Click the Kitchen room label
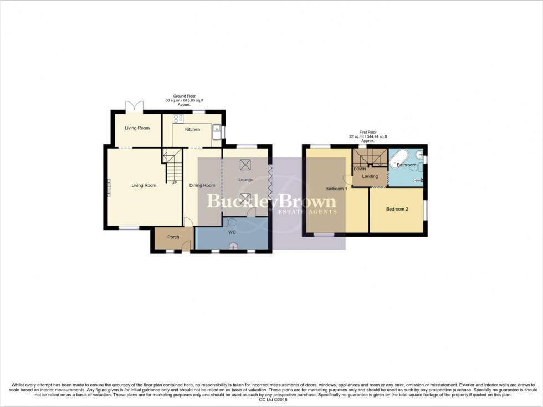point(192,129)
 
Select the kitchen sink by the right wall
point(217,130)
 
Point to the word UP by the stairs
point(173,182)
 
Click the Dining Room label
point(202,185)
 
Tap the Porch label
point(173,237)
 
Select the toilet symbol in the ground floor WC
point(232,222)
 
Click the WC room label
point(232,232)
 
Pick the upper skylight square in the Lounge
point(244,164)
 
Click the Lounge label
point(245,180)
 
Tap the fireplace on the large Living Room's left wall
point(109,187)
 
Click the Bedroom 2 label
point(397,209)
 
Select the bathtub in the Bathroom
point(399,159)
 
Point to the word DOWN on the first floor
point(360,169)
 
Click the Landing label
point(370,176)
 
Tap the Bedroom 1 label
point(336,189)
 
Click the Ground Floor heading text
point(180,96)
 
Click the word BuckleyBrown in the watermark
point(271,200)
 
